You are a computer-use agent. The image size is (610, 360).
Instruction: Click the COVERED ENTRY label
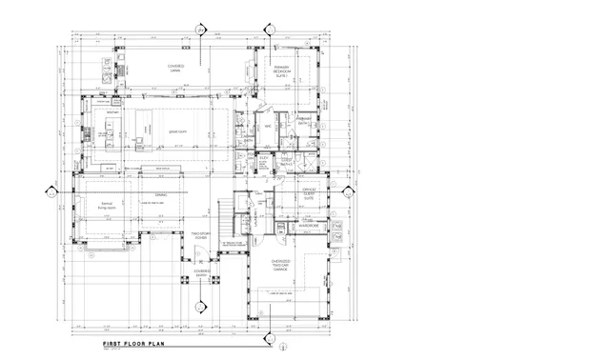202,272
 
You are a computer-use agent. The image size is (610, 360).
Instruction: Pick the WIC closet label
269,126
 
